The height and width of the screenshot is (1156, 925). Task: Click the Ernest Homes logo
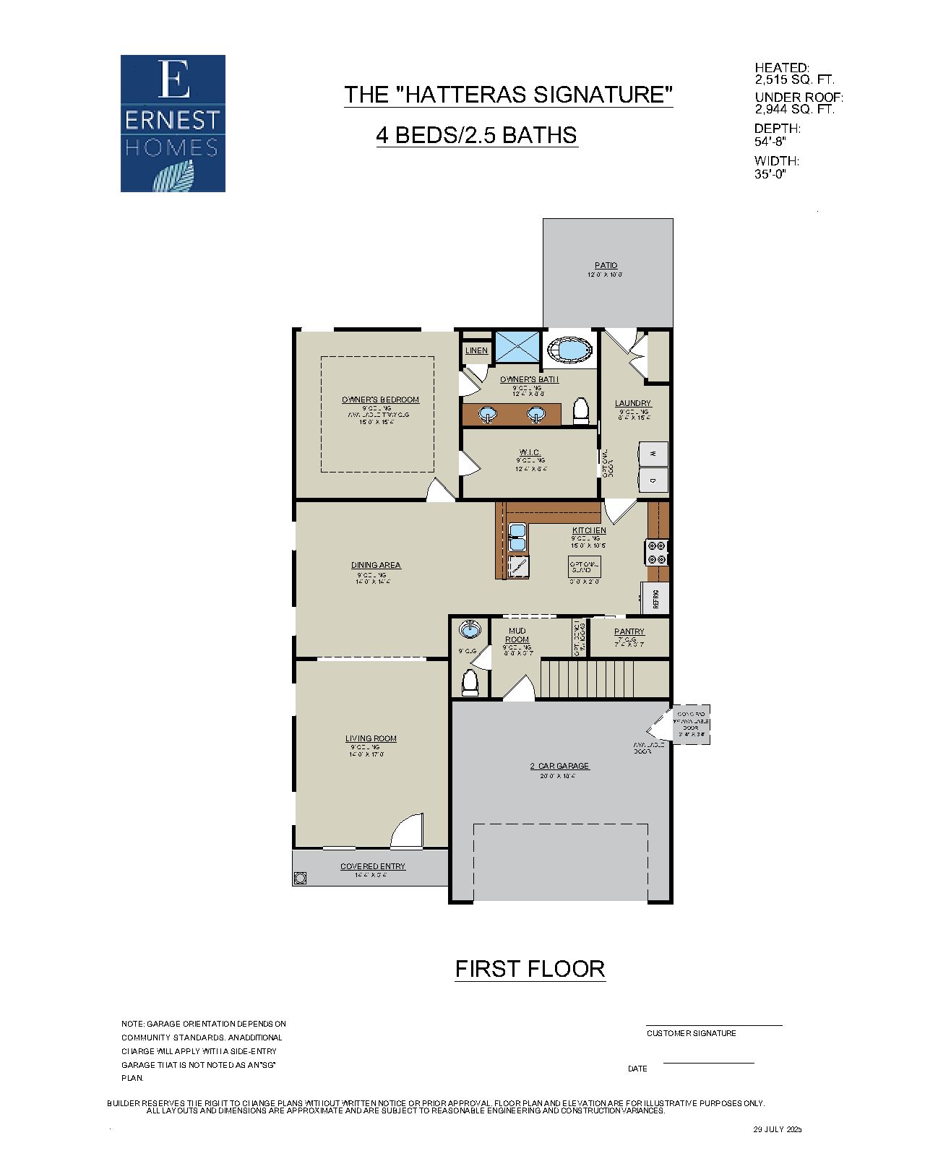[173, 124]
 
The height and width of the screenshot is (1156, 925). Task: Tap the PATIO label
[606, 265]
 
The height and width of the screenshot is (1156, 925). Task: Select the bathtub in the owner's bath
[571, 350]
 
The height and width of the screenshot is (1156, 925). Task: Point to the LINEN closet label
[476, 350]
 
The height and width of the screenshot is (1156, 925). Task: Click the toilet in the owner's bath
[581, 411]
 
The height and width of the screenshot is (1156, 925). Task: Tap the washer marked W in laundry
[653, 454]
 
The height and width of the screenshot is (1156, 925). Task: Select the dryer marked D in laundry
[653, 480]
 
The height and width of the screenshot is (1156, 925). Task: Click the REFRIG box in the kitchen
[655, 598]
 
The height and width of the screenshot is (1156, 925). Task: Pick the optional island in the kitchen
[584, 566]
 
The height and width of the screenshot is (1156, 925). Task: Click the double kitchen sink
[517, 538]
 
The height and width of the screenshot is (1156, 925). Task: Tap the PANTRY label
[629, 631]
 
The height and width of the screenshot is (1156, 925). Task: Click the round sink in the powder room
[470, 629]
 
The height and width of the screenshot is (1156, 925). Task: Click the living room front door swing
[408, 831]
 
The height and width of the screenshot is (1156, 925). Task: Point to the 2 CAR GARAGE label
[559, 766]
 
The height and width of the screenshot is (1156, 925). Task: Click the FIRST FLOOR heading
[530, 969]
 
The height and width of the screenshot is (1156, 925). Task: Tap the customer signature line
[713, 1025]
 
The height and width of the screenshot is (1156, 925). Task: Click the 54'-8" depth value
[770, 142]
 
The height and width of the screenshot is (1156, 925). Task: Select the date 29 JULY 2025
[778, 1129]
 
